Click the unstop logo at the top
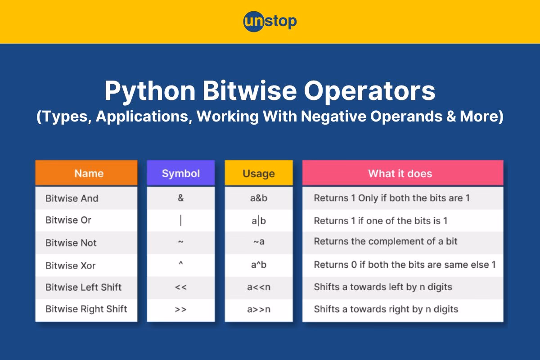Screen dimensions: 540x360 coord(270,21)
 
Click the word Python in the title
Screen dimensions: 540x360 coord(150,91)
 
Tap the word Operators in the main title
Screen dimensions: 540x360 coord(369,91)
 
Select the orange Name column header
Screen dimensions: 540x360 coord(86,173)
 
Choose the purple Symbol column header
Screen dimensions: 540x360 coord(180,173)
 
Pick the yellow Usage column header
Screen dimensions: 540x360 coord(259,173)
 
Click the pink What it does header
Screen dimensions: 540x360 coord(403,173)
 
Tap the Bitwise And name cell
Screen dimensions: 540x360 coord(86,198)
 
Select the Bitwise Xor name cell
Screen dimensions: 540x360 coord(86,265)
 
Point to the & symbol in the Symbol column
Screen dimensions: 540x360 coord(181,198)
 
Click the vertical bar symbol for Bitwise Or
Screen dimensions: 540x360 coord(181,220)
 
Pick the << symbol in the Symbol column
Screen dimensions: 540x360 coord(181,287)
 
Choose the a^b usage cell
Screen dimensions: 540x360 coord(259,265)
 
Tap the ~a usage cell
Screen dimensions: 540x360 coord(259,241)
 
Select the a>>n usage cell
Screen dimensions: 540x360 coord(259,309)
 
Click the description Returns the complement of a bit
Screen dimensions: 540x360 coord(386,241)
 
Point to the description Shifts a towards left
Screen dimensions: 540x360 coord(383,287)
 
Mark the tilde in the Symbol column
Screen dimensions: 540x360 coord(181,241)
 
